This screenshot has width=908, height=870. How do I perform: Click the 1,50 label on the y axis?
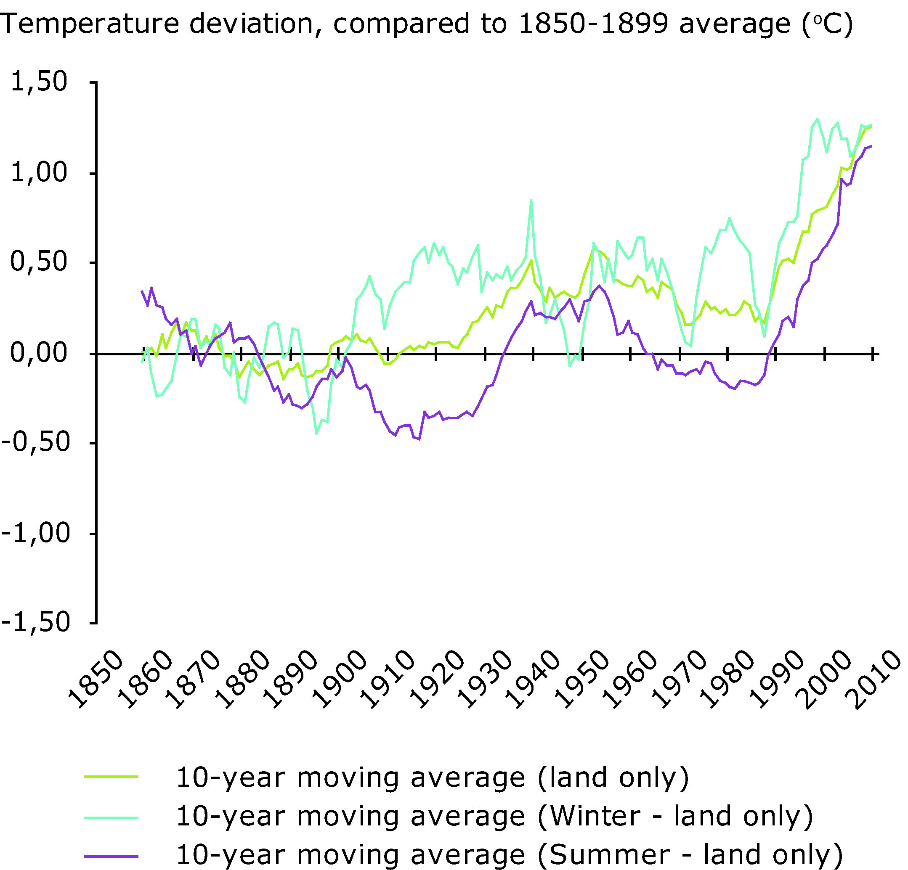[39, 82]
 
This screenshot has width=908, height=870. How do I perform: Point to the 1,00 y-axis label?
[39, 173]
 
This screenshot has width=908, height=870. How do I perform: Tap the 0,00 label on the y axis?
[39, 353]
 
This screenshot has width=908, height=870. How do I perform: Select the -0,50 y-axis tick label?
[36, 442]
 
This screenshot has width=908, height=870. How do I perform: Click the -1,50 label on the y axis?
[36, 622]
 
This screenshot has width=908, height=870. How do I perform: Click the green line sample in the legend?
[111, 777]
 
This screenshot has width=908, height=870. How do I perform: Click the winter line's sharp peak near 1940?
[531, 200]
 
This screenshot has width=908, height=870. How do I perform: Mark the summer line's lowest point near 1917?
[419, 439]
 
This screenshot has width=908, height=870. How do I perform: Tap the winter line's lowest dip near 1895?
[316, 434]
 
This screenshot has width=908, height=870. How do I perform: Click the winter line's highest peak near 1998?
[817, 119]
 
